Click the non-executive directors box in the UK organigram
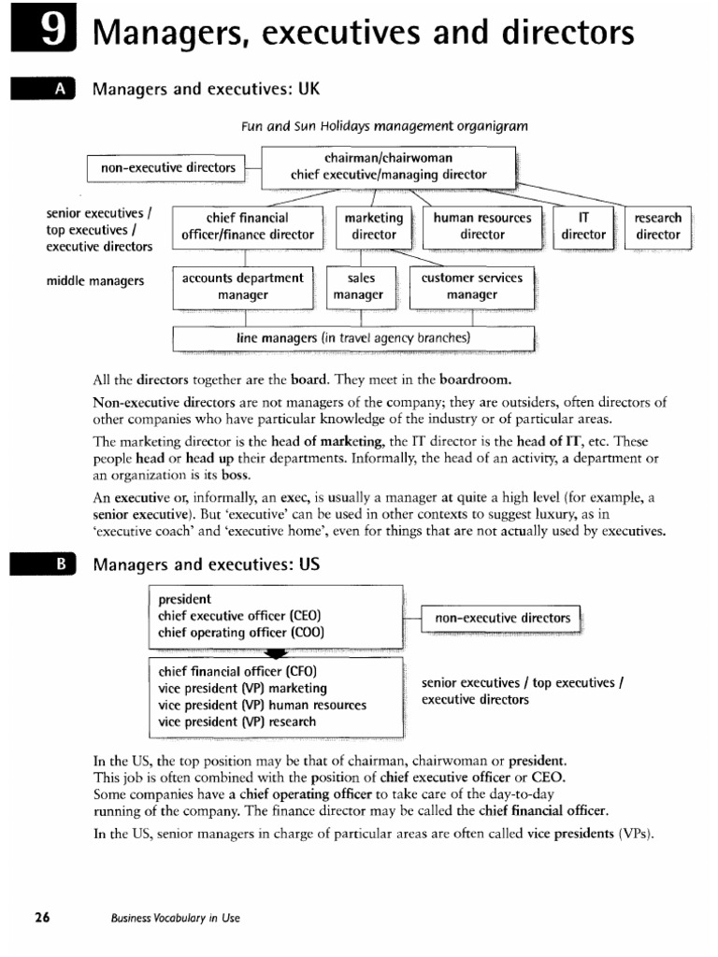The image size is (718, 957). pos(166,168)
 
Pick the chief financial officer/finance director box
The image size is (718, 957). pos(248,226)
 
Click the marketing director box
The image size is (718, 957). pos(373,226)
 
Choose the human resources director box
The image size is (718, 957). pos(482,226)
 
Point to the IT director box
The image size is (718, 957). pos(583,226)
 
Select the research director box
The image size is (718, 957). pos(657,226)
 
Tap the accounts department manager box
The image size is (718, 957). pos(243,287)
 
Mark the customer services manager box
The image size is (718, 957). pos(471,287)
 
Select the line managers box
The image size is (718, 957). pos(353,337)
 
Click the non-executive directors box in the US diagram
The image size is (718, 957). pos(502,619)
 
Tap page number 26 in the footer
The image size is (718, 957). pos(42,917)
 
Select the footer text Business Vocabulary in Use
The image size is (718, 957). pos(175,918)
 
